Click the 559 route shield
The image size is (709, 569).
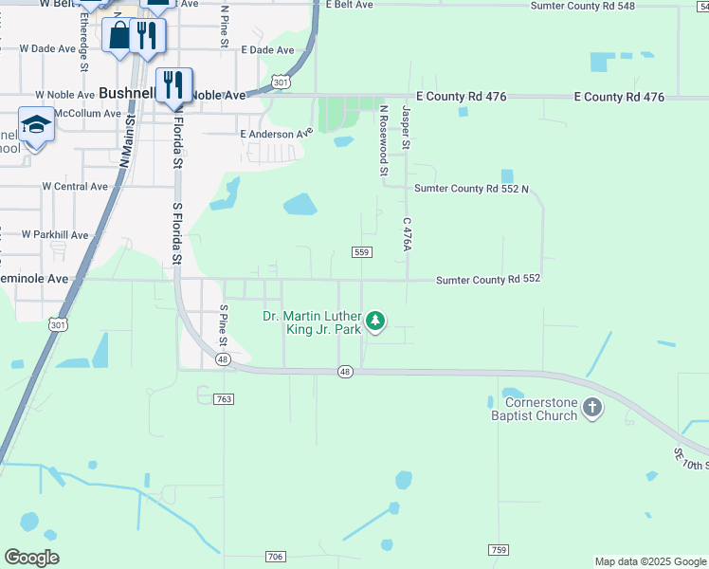click(x=361, y=251)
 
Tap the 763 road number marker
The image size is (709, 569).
click(x=224, y=399)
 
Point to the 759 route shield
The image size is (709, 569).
click(x=499, y=550)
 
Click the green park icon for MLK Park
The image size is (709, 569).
click(x=376, y=321)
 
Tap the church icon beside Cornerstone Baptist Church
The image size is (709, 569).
click(x=592, y=409)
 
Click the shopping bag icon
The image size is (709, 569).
click(x=119, y=35)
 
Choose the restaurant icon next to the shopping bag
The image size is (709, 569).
click(x=146, y=35)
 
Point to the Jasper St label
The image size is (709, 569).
click(x=405, y=128)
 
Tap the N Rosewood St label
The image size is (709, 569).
click(x=384, y=140)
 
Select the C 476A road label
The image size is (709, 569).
click(x=407, y=234)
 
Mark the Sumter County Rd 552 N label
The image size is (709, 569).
click(x=471, y=189)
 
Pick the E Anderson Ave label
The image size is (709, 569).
click(x=276, y=134)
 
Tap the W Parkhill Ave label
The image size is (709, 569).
click(x=55, y=234)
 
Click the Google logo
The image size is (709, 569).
click(x=31, y=558)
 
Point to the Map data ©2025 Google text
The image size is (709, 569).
click(x=649, y=561)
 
